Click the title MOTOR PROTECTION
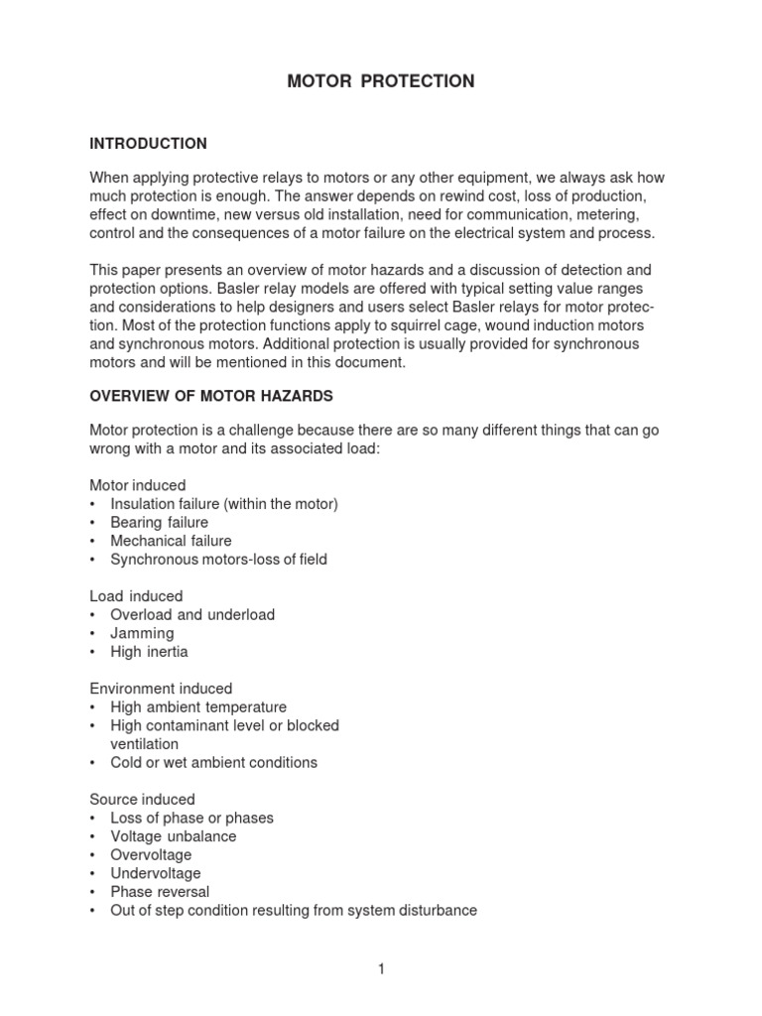pyautogui.click(x=380, y=81)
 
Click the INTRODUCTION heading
pyautogui.click(x=148, y=144)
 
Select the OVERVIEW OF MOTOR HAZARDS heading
pyautogui.click(x=211, y=396)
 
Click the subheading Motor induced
pyautogui.click(x=138, y=485)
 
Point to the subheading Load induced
pyautogui.click(x=136, y=596)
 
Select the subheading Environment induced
pyautogui.click(x=162, y=689)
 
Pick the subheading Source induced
pyautogui.click(x=143, y=800)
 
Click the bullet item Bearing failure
pyautogui.click(x=160, y=523)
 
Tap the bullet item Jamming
pyautogui.click(x=142, y=633)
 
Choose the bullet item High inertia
pyautogui.click(x=149, y=652)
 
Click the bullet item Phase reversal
pyautogui.click(x=160, y=892)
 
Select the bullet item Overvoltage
pyautogui.click(x=151, y=855)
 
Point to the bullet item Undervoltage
pyautogui.click(x=156, y=873)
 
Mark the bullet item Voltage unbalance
pyautogui.click(x=174, y=836)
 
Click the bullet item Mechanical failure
pyautogui.click(x=171, y=541)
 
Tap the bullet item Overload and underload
pyautogui.click(x=192, y=615)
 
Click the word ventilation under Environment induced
pyautogui.click(x=145, y=744)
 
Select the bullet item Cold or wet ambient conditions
pyautogui.click(x=213, y=763)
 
